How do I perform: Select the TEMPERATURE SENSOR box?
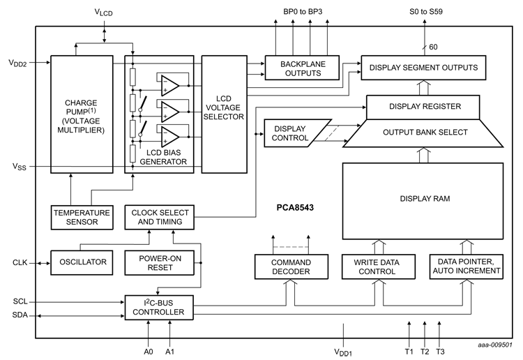pos(82,217)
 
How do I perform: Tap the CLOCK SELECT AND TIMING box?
pos(157,217)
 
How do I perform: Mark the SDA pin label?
pos(20,315)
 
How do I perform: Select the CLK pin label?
pos(20,263)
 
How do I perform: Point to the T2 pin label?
pos(424,350)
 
